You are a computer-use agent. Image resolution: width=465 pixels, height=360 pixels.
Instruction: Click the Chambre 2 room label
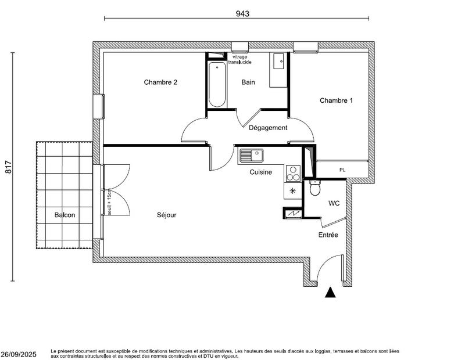pyautogui.click(x=160, y=82)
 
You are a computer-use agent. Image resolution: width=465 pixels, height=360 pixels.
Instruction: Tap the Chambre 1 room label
pyautogui.click(x=336, y=100)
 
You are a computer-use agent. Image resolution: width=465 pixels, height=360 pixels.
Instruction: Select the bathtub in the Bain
pyautogui.click(x=217, y=85)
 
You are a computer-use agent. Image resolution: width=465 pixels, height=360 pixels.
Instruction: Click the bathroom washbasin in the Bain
pyautogui.click(x=277, y=61)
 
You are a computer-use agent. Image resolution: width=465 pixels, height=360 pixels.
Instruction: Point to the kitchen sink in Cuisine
pyautogui.click(x=251, y=156)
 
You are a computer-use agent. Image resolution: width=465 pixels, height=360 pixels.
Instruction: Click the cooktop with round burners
pyautogui.click(x=293, y=174)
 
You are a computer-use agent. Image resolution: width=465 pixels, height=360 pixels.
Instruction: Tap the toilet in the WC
pyautogui.click(x=315, y=189)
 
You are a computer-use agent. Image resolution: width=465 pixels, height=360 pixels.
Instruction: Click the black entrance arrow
pyautogui.click(x=330, y=293)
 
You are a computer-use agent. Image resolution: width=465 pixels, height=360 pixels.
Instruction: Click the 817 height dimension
pyautogui.click(x=9, y=167)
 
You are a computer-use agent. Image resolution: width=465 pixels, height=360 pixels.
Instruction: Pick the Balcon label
pyautogui.click(x=65, y=215)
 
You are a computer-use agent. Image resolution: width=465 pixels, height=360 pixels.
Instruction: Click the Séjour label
pyautogui.click(x=166, y=215)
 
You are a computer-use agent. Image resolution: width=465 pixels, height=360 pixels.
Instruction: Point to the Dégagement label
pyautogui.click(x=268, y=128)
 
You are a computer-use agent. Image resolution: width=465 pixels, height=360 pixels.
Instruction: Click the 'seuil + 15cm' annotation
pyautogui.click(x=109, y=202)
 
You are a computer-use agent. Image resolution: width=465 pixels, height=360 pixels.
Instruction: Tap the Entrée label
pyautogui.click(x=328, y=235)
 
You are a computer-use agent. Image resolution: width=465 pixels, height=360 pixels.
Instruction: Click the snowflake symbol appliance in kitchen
pyautogui.click(x=292, y=190)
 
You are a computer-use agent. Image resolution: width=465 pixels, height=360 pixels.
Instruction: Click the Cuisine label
pyautogui.click(x=261, y=172)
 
